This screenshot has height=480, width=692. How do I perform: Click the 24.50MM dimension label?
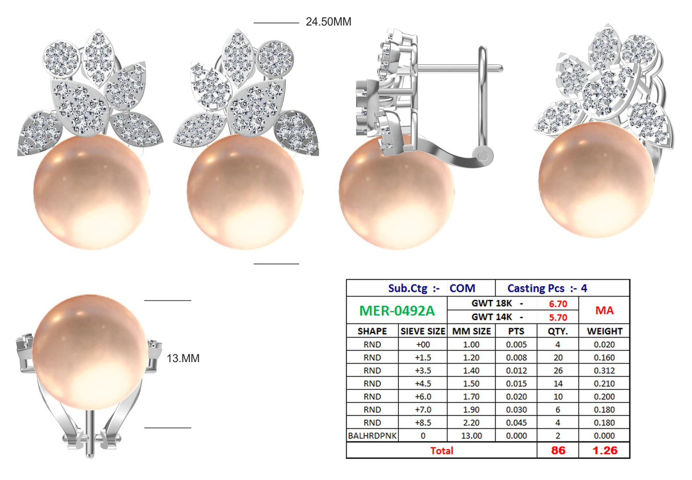tap(328, 22)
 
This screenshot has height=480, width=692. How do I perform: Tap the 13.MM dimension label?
tap(183, 358)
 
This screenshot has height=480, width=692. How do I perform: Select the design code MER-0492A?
tap(397, 311)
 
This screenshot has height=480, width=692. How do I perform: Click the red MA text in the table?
tap(604, 310)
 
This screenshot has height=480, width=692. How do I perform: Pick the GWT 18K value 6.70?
tap(558, 304)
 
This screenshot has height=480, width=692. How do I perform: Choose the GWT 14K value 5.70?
tap(558, 317)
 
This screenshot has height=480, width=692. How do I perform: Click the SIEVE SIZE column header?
tap(422, 331)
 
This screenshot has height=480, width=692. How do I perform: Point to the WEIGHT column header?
tap(604, 331)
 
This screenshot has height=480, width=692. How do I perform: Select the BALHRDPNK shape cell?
tap(372, 436)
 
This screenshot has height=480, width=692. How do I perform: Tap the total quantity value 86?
tap(558, 450)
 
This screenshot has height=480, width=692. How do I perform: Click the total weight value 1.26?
tap(604, 450)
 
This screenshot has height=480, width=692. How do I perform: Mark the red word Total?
tap(441, 450)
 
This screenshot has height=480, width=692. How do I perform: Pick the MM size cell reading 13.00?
tap(471, 436)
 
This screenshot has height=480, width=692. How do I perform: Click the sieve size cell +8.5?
tap(422, 423)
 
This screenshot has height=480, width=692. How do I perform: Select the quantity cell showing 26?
tap(558, 370)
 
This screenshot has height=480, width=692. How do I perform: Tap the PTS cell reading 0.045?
tap(516, 423)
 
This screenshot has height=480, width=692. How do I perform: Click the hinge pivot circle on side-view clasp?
tap(483, 155)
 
